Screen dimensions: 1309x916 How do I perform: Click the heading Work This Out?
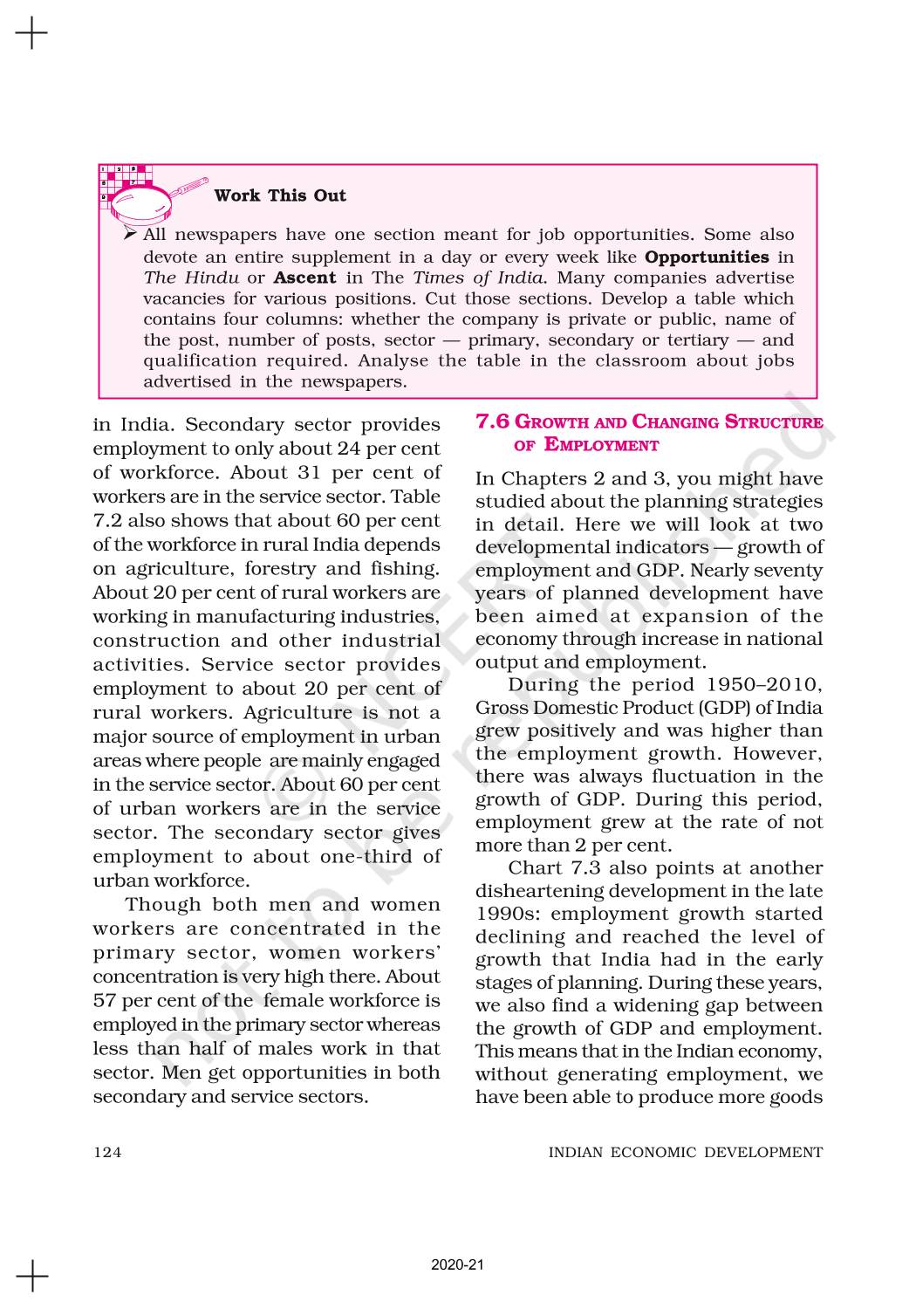tap(280, 195)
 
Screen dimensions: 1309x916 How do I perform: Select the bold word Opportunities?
tap(707, 257)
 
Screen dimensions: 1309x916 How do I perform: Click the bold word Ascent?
tap(304, 278)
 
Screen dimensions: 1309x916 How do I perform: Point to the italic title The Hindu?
tap(191, 278)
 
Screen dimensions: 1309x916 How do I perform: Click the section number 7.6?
tap(492, 422)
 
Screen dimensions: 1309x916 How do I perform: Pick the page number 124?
tap(107, 1152)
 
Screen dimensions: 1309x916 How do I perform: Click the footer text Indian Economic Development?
tap(685, 1152)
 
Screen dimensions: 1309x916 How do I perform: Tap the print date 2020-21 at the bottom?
tap(456, 1264)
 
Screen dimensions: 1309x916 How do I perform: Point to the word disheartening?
tap(546, 891)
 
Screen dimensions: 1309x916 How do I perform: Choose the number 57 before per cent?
tap(105, 1001)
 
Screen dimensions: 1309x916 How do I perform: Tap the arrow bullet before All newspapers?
tap(130, 235)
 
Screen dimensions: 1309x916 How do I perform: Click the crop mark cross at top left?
tap(31, 33)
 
